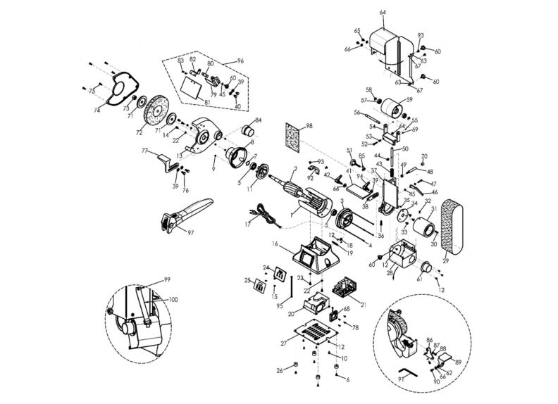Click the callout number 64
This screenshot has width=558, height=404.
tap(383, 13)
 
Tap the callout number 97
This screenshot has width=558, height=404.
tap(190, 232)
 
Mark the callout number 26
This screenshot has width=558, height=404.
tap(279, 370)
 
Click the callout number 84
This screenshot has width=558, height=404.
tap(258, 120)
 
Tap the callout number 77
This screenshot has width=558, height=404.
tap(144, 151)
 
